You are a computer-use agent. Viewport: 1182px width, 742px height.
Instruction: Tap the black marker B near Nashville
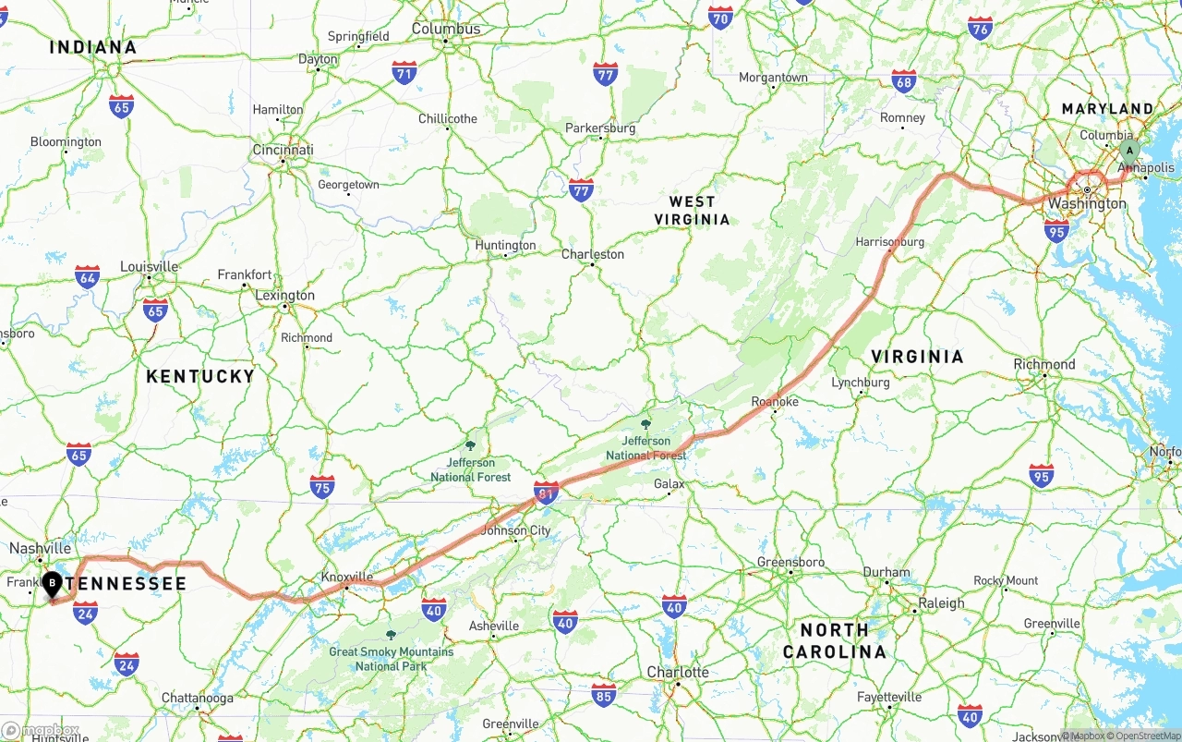[x=53, y=583]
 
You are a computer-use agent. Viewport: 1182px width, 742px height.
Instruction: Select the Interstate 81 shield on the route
[x=546, y=493]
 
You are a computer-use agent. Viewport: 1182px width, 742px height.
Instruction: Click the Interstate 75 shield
[x=322, y=487]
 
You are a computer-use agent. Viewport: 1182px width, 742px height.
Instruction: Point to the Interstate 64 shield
[x=88, y=276]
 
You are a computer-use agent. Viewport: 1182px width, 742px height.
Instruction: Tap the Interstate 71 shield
[x=404, y=73]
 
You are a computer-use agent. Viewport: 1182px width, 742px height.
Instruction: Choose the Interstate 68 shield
[x=904, y=80]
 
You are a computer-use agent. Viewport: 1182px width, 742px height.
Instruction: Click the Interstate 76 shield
[x=981, y=28]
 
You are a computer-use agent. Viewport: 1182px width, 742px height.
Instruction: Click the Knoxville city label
[x=346, y=578]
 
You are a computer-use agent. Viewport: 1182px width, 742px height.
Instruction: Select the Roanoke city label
[x=774, y=401]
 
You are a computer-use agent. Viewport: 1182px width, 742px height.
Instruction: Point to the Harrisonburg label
[x=889, y=242]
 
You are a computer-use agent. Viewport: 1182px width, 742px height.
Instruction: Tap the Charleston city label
[x=593, y=254]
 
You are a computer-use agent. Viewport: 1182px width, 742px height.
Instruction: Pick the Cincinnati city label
[x=283, y=150]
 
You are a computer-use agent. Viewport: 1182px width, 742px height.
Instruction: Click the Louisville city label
[x=149, y=267]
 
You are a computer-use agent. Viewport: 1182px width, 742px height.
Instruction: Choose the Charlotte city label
[x=678, y=672]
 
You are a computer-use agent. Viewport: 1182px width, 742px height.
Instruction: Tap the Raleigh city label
[x=941, y=603]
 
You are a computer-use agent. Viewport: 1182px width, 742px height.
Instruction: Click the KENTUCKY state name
[x=200, y=376]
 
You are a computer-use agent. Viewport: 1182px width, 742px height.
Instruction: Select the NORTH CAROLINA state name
[x=834, y=640]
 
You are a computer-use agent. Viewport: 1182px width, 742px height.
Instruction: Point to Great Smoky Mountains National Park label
[x=391, y=658]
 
